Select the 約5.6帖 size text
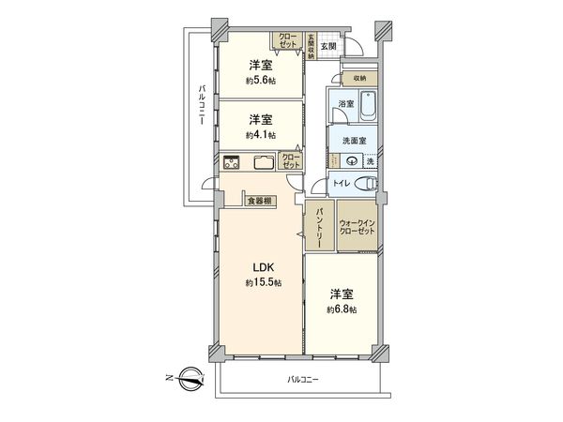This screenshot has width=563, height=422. click(261, 81)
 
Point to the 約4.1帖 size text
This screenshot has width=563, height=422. click(261, 135)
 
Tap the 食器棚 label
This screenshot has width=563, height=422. click(260, 201)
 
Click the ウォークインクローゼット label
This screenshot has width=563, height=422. click(358, 228)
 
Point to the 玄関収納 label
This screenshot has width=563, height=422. click(310, 47)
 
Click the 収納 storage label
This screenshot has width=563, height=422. click(360, 78)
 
